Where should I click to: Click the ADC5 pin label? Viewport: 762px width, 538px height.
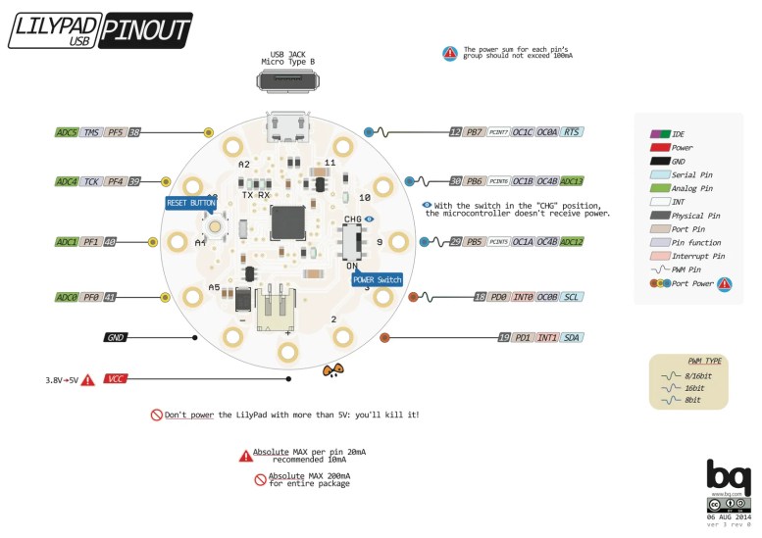tap(67, 132)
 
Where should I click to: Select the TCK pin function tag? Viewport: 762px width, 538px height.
tap(91, 181)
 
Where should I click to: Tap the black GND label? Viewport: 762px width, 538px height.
tap(116, 337)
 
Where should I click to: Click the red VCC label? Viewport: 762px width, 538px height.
tap(116, 378)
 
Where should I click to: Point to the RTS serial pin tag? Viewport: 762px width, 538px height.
tap(574, 131)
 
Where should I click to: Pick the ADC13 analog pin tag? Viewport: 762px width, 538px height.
tap(573, 181)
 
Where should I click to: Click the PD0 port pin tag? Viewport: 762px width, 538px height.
tap(500, 297)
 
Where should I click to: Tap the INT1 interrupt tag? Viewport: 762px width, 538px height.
tap(547, 337)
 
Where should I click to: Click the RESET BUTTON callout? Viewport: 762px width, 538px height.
tap(190, 203)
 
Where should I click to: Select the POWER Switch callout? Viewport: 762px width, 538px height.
tap(377, 280)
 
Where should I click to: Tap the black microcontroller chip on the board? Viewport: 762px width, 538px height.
tap(287, 221)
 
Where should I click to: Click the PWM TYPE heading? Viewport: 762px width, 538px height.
tap(692, 360)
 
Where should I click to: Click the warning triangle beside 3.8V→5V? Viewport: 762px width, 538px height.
tap(87, 379)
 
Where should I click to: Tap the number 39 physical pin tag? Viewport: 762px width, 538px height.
tap(134, 181)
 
